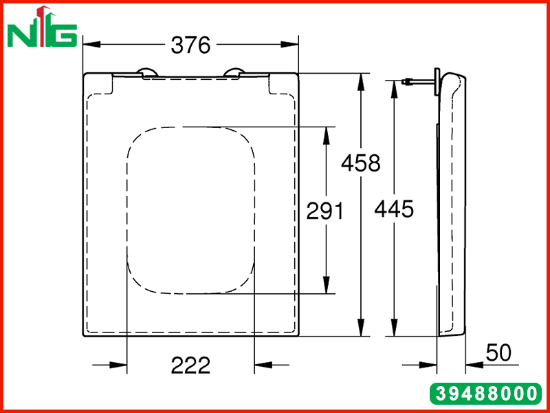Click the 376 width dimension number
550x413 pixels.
pyautogui.click(x=190, y=45)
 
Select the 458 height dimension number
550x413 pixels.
pyautogui.click(x=360, y=163)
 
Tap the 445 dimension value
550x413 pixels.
pyautogui.click(x=394, y=209)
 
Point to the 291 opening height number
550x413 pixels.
pyautogui.click(x=324, y=211)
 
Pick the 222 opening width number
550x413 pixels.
pyautogui.click(x=190, y=366)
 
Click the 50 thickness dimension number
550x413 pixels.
pyautogui.click(x=498, y=352)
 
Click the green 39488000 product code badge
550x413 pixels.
pyautogui.click(x=486, y=393)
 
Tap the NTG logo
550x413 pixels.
pyautogui.click(x=42, y=27)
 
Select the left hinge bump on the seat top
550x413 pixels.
pyautogui.click(x=148, y=72)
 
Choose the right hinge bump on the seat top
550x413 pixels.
pyautogui.click(x=234, y=72)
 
